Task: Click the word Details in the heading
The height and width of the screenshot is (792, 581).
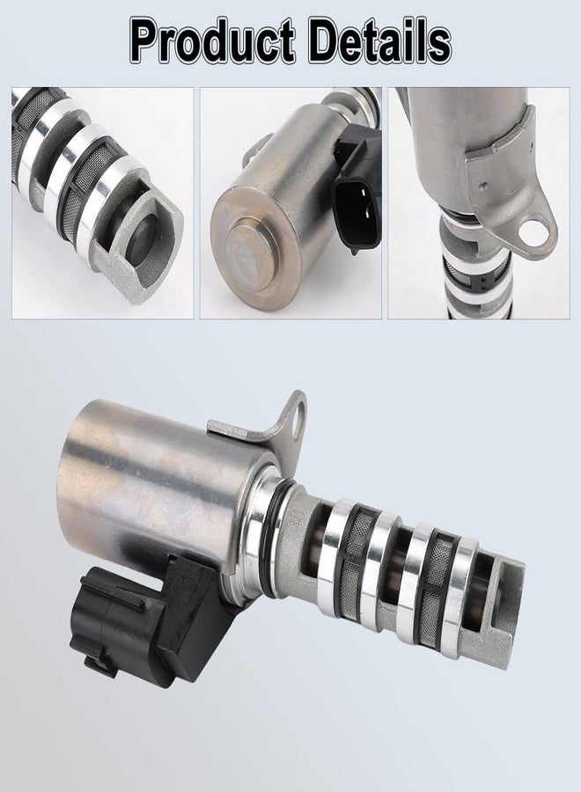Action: [x=380, y=40]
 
